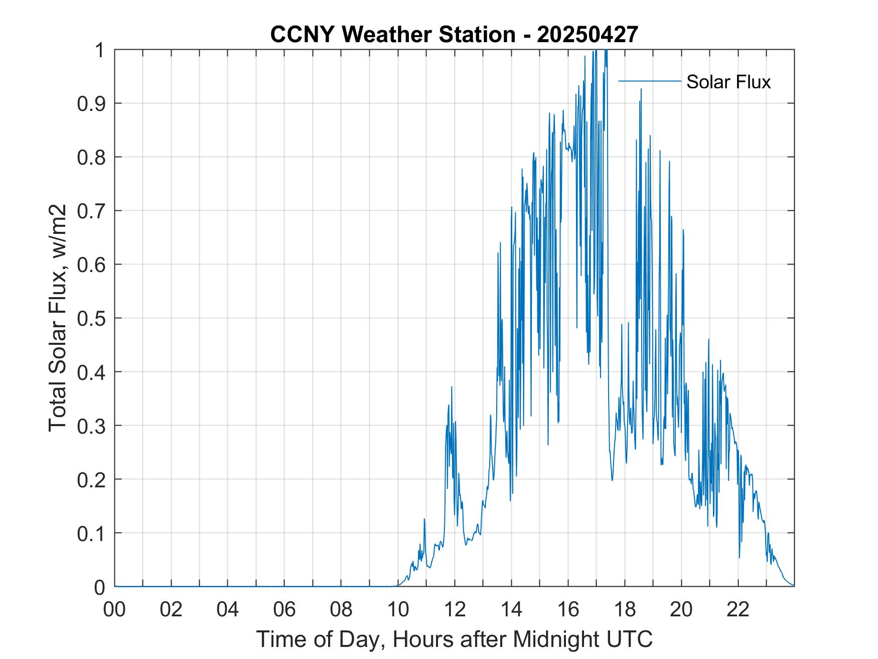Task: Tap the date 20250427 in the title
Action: [x=588, y=35]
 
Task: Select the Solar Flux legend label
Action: [x=728, y=81]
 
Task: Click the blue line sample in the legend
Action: [x=649, y=81]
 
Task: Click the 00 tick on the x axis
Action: [x=114, y=610]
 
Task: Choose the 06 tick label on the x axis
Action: [x=284, y=610]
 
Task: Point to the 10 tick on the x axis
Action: [x=398, y=610]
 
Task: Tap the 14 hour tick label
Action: [x=511, y=610]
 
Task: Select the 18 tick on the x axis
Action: [x=625, y=610]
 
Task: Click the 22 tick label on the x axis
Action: [x=738, y=610]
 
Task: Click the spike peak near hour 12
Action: [x=452, y=387]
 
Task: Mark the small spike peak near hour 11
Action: [x=424, y=519]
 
